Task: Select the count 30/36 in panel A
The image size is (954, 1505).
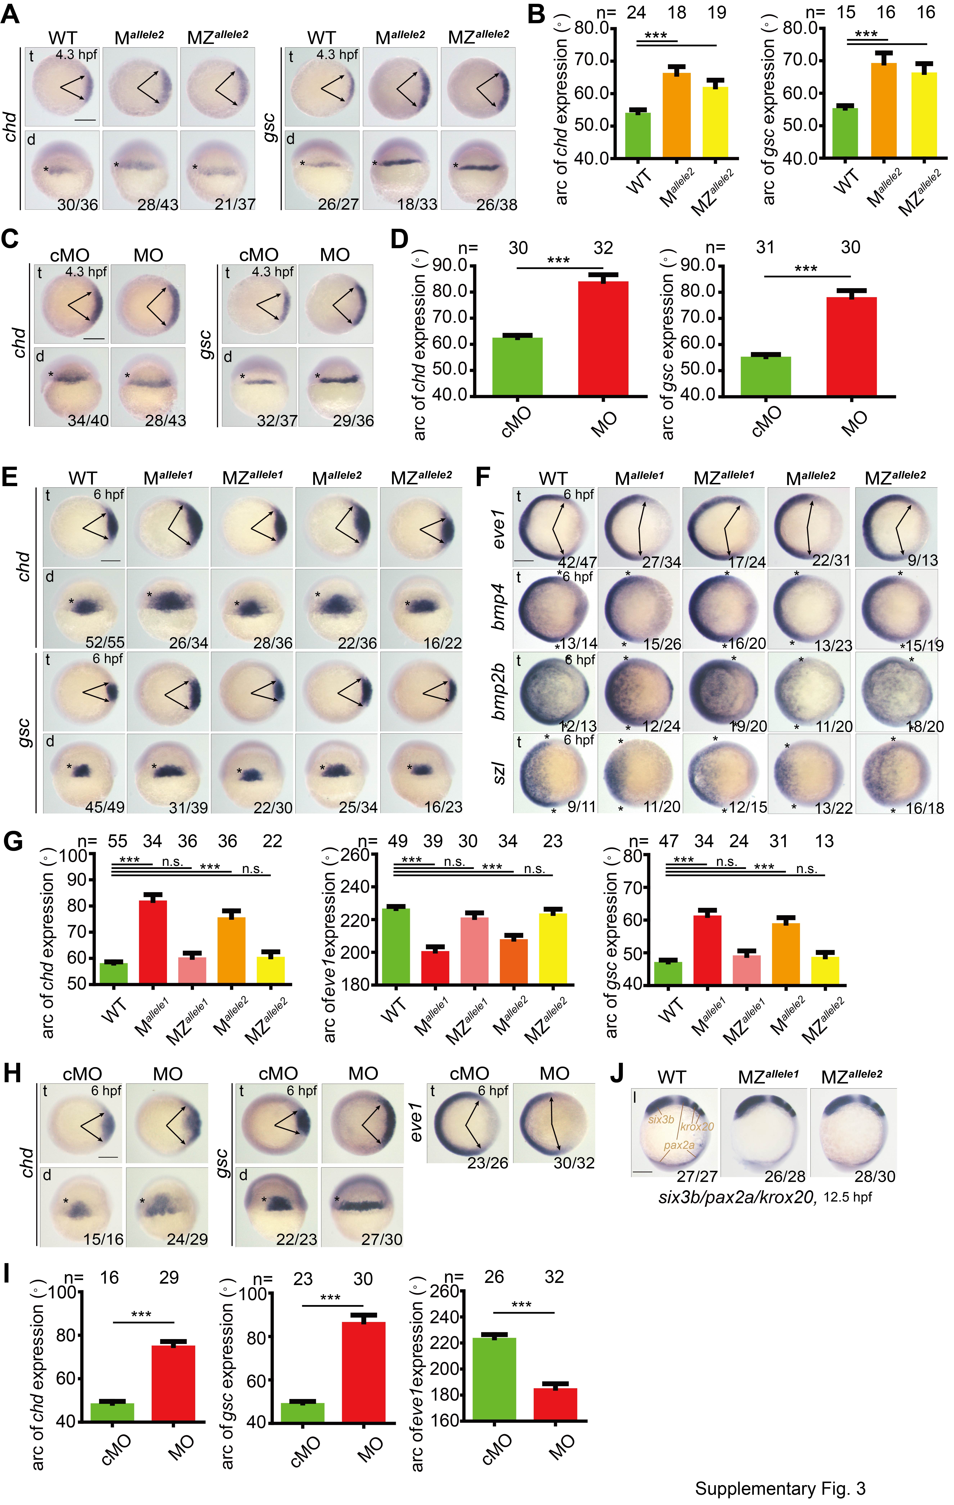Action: [78, 204]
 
